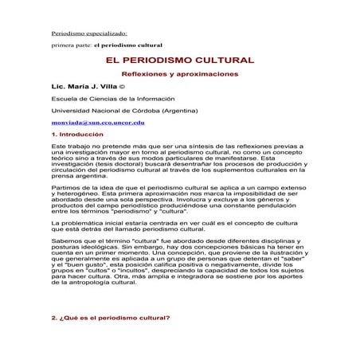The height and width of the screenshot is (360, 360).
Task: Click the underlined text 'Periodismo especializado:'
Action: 83,35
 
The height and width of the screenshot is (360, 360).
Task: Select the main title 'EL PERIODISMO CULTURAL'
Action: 179,61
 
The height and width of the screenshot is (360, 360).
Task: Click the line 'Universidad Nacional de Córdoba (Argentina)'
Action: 120,110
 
